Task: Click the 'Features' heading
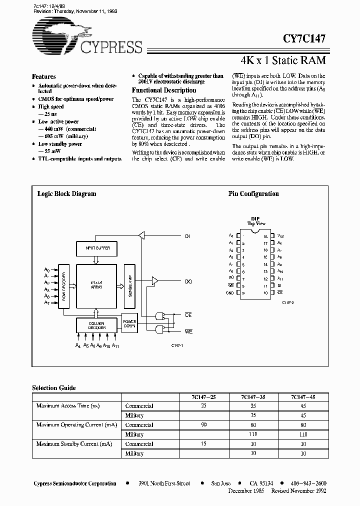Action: [x=44, y=77]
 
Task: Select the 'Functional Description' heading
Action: [x=163, y=90]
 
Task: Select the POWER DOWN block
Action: [x=129, y=322]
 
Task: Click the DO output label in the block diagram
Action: [x=188, y=282]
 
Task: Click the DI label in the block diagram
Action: [x=187, y=235]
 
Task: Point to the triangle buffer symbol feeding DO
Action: [x=154, y=282]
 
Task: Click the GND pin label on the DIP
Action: [x=230, y=292]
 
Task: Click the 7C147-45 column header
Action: [x=303, y=397]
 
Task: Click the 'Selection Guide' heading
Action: [x=54, y=387]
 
